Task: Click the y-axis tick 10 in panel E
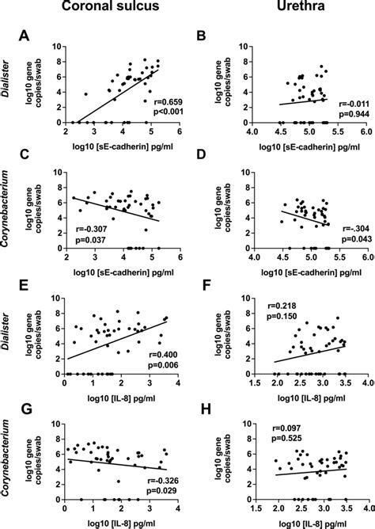click(x=56, y=298)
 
